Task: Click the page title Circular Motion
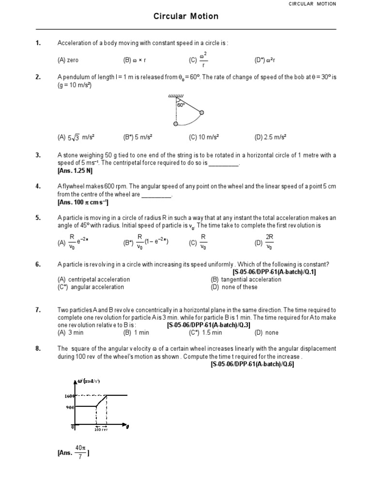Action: click(x=186, y=16)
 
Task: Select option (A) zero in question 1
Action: click(x=68, y=60)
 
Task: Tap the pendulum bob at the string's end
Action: click(x=202, y=113)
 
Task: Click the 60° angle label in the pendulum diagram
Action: click(x=181, y=105)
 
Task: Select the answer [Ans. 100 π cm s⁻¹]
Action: click(x=83, y=202)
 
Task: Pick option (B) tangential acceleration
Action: click(x=246, y=279)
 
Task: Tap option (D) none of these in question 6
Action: click(x=234, y=287)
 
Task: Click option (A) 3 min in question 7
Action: click(x=68, y=333)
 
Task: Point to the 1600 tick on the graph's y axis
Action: click(x=70, y=396)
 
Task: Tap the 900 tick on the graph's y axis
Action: click(x=71, y=407)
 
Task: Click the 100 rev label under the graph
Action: click(x=101, y=429)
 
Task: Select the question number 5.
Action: click(x=38, y=218)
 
